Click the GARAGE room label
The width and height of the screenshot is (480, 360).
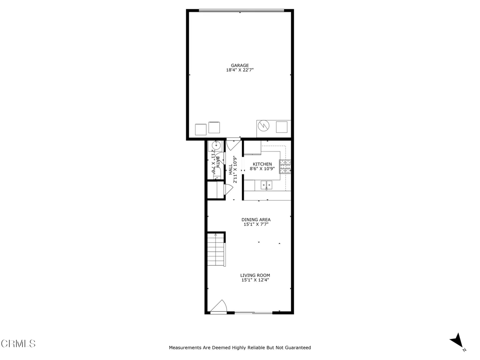(x=240, y=66)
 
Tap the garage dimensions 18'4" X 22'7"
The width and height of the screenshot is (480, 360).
(x=240, y=70)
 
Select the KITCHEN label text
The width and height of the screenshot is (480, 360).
(x=262, y=164)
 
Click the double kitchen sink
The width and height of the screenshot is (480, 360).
(x=267, y=185)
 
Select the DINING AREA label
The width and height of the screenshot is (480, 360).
(x=256, y=219)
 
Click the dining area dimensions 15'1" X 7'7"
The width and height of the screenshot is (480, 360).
(x=256, y=225)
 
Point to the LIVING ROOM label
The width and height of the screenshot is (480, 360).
(x=255, y=275)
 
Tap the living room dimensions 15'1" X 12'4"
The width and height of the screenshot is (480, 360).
(x=255, y=280)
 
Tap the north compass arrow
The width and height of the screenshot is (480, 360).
(x=456, y=341)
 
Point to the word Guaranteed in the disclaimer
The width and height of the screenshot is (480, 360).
(x=297, y=348)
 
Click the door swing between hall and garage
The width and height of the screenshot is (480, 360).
(x=233, y=143)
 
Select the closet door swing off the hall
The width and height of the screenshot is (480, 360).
(x=229, y=189)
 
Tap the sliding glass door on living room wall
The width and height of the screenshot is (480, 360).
(x=253, y=312)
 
